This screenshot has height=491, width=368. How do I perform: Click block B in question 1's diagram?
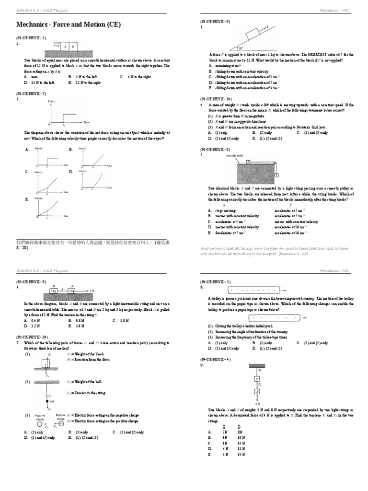coord(72,47)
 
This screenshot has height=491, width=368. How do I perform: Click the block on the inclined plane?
coord(253,35)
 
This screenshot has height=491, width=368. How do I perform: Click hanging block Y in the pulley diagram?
coord(276,175)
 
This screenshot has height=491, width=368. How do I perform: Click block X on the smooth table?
coord(248,163)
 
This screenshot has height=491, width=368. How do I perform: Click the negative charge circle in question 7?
coord(38,425)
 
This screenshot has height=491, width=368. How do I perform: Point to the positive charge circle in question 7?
coord(60,425)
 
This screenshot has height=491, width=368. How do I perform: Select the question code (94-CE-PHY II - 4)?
coord(216,359)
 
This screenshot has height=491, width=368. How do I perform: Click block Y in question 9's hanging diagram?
coord(257,378)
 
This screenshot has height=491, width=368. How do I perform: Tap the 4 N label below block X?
coord(257,403)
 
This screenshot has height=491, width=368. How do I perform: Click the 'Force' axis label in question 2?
coord(52,102)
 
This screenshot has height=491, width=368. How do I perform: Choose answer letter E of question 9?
coord(210,454)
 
